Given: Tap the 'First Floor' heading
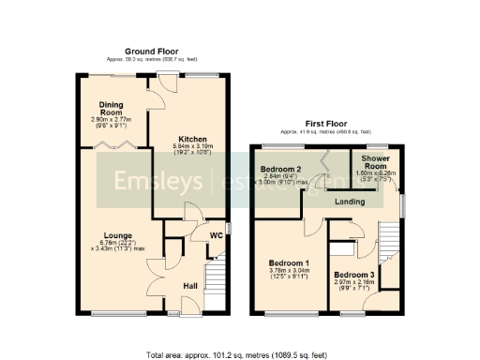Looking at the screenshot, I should (326, 123).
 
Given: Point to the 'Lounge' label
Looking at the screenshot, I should (118, 235).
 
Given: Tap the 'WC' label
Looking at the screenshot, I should (216, 235).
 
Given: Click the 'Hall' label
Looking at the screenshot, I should (190, 285).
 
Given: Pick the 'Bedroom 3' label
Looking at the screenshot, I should (353, 276).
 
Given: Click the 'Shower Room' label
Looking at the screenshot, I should (378, 163).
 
